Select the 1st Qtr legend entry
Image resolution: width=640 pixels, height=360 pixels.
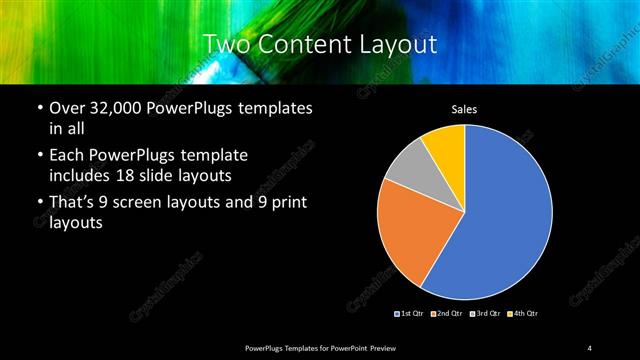point(409,314)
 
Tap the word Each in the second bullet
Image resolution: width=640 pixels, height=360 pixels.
point(68,156)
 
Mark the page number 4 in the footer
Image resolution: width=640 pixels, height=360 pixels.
point(591,347)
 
